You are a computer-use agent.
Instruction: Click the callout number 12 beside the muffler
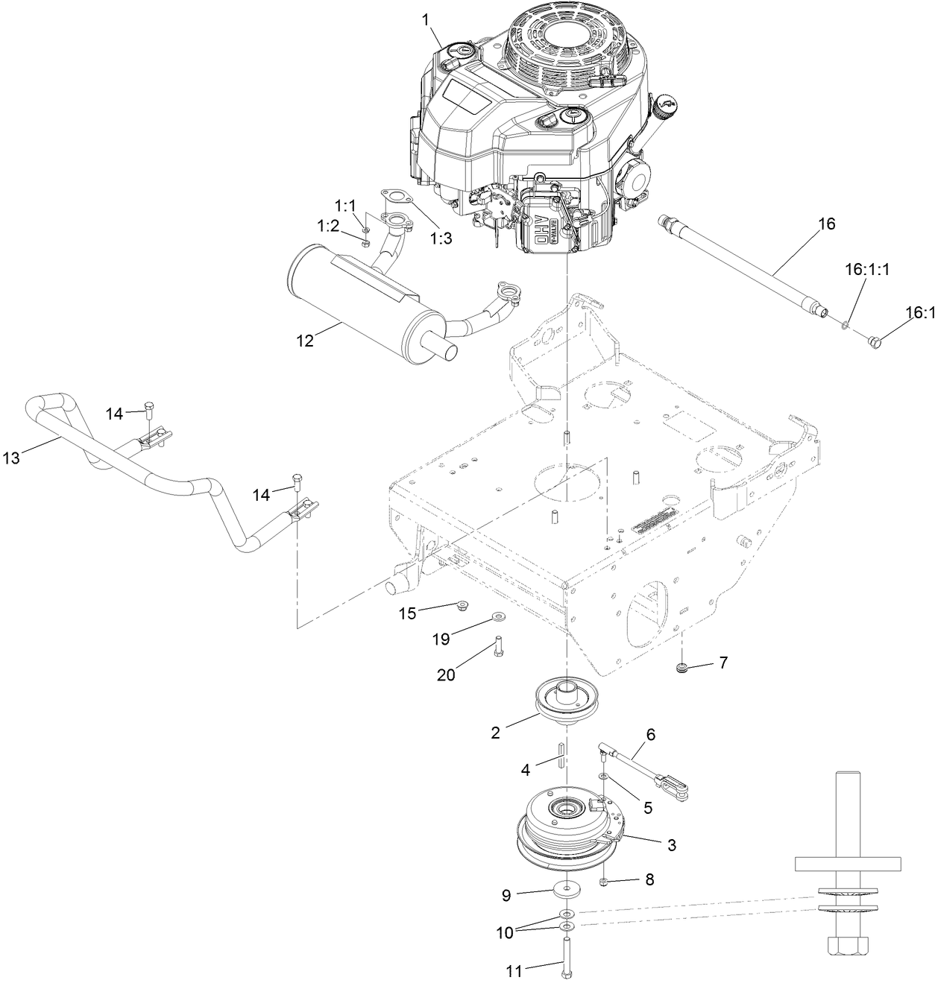point(305,341)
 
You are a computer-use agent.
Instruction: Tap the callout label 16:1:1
point(867,270)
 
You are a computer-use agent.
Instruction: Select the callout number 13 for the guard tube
point(11,458)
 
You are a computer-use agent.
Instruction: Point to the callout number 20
point(446,675)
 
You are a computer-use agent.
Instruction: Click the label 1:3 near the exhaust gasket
point(441,238)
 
